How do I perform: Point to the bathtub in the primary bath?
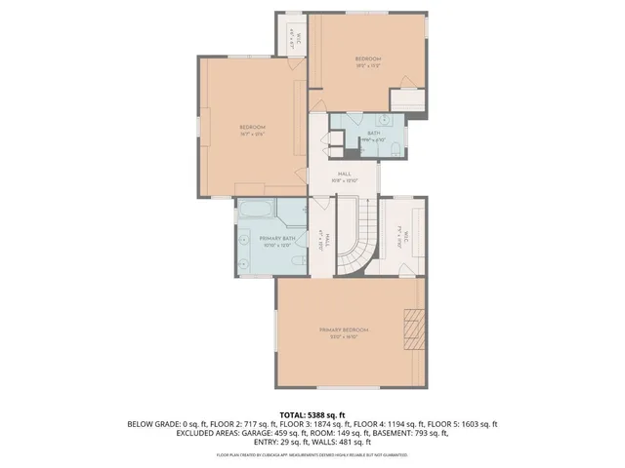pyautogui.click(x=256, y=209)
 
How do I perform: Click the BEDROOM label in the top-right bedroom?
pyautogui.click(x=367, y=59)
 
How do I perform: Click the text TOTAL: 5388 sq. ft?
pyautogui.click(x=312, y=414)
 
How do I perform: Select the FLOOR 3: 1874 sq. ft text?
pyautogui.click(x=312, y=424)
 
